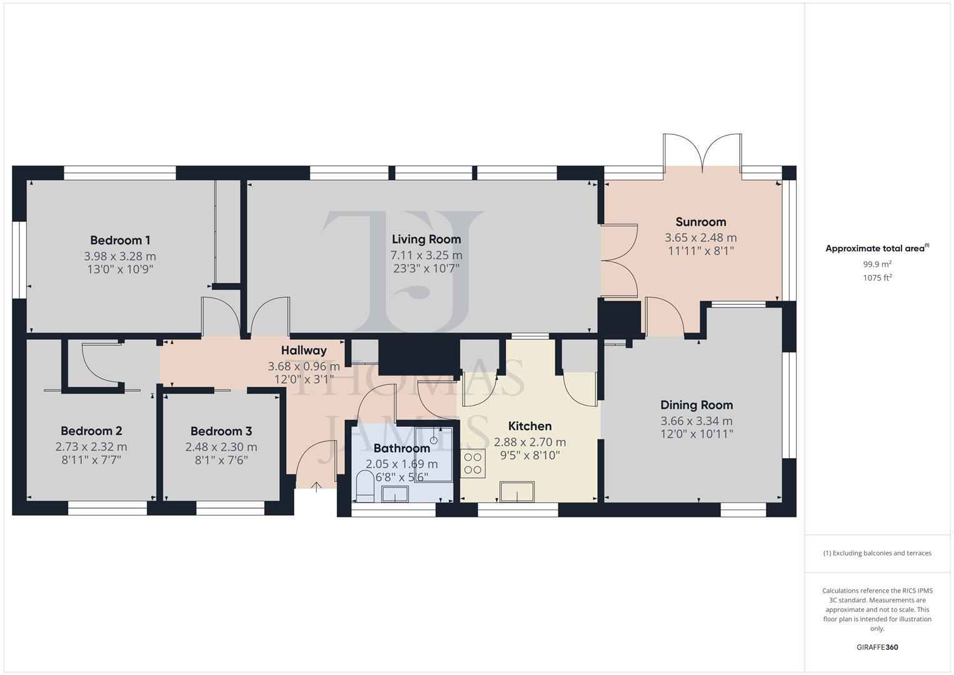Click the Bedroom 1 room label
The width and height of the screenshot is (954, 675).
tap(120, 240)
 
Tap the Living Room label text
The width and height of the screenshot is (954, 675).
tap(426, 239)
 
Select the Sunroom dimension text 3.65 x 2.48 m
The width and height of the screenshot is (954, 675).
tap(700, 237)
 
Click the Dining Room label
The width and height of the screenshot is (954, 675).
tap(697, 405)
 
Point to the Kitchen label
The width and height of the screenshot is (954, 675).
tap(530, 426)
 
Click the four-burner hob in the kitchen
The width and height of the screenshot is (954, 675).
tap(473, 464)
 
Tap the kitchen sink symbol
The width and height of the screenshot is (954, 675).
tap(517, 491)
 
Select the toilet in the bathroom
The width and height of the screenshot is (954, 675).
tap(364, 486)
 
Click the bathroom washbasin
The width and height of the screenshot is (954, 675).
tap(394, 495)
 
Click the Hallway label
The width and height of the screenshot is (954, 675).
tap(304, 351)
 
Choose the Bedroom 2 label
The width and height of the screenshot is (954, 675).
tap(91, 431)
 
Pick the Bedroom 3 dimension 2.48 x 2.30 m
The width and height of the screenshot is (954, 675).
tap(221, 447)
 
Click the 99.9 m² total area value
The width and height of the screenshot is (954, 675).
tap(877, 264)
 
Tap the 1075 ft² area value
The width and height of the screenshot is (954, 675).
tap(877, 278)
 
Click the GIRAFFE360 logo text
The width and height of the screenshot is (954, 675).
tap(877, 647)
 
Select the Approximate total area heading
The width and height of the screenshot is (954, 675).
tap(875, 249)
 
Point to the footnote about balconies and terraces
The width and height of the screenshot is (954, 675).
tap(877, 553)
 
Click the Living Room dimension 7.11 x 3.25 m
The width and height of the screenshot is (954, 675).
tap(426, 255)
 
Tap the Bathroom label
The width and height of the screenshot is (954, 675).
tap(402, 448)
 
